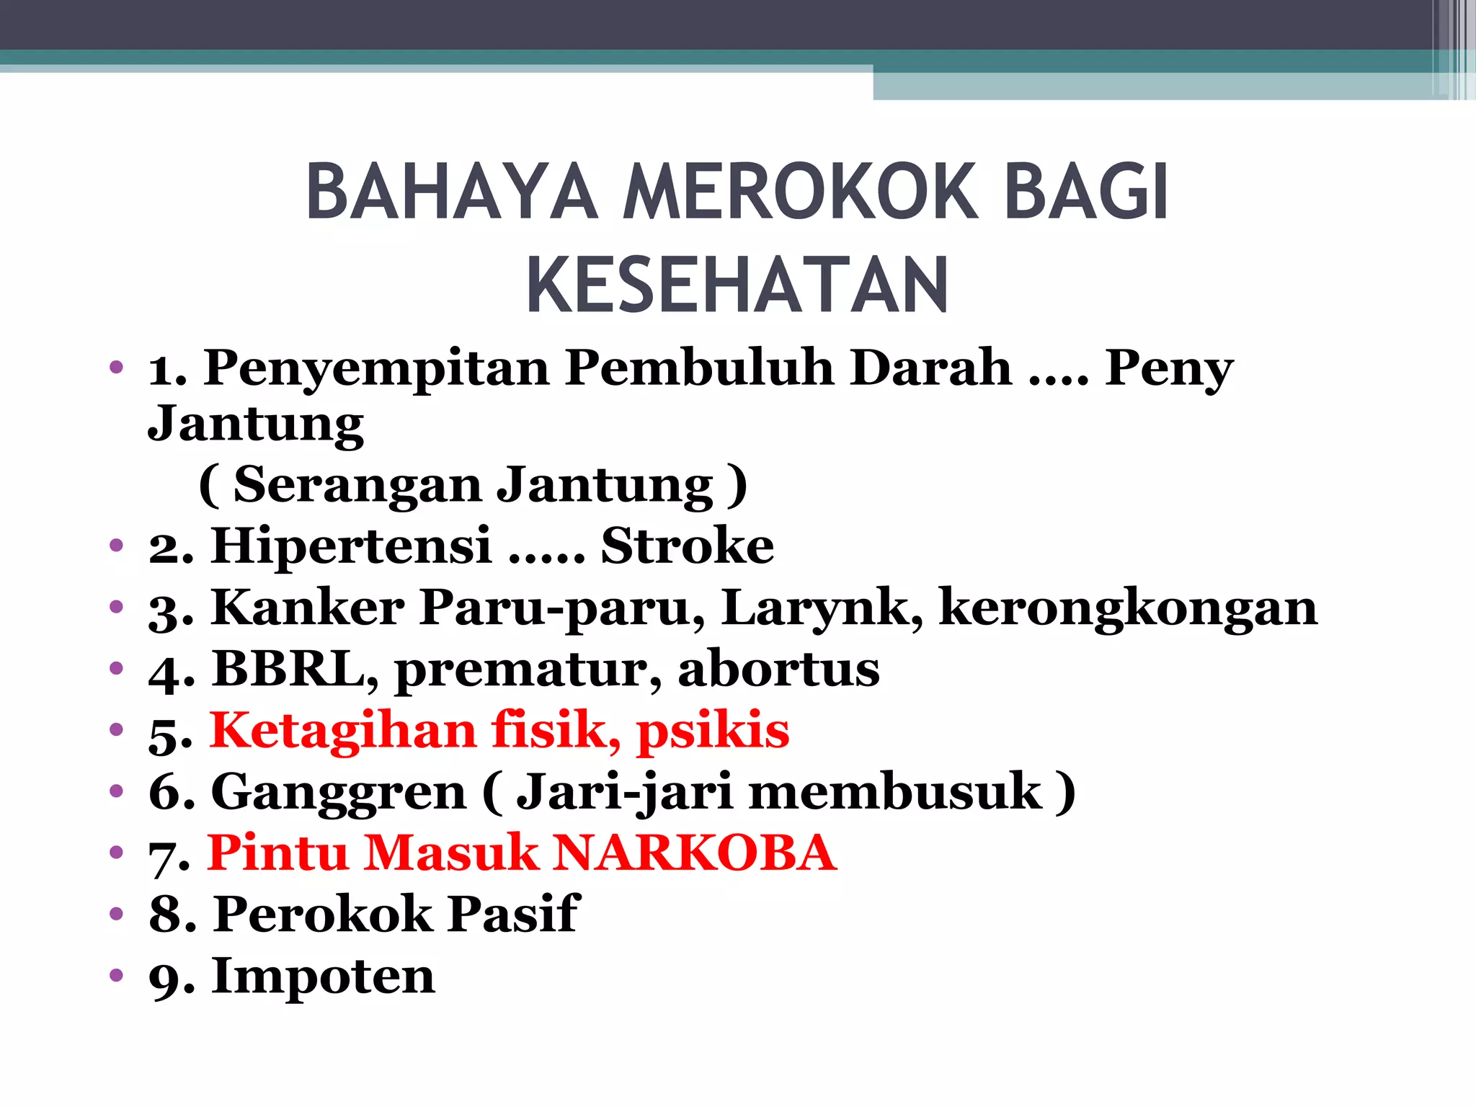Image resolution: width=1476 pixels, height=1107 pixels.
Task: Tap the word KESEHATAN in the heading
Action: click(737, 285)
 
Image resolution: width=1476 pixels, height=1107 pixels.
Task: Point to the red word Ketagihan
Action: click(343, 730)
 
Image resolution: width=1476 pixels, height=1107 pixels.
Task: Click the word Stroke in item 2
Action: click(688, 546)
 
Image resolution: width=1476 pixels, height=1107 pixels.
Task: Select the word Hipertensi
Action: click(352, 546)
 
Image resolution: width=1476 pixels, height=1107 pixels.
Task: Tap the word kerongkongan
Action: click(1129, 608)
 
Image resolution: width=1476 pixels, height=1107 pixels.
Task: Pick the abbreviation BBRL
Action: click(295, 669)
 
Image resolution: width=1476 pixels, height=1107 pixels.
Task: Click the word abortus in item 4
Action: click(778, 669)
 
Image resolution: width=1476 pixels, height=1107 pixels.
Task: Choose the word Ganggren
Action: click(339, 792)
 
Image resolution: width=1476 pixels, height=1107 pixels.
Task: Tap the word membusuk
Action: click(896, 792)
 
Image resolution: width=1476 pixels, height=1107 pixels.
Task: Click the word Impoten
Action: click(323, 977)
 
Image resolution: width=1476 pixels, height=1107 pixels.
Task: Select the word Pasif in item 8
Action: click(513, 915)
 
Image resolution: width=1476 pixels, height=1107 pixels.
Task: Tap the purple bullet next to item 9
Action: click(117, 977)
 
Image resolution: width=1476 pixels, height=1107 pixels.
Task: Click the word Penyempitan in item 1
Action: click(376, 368)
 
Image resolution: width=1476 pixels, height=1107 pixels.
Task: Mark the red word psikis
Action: click(713, 730)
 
